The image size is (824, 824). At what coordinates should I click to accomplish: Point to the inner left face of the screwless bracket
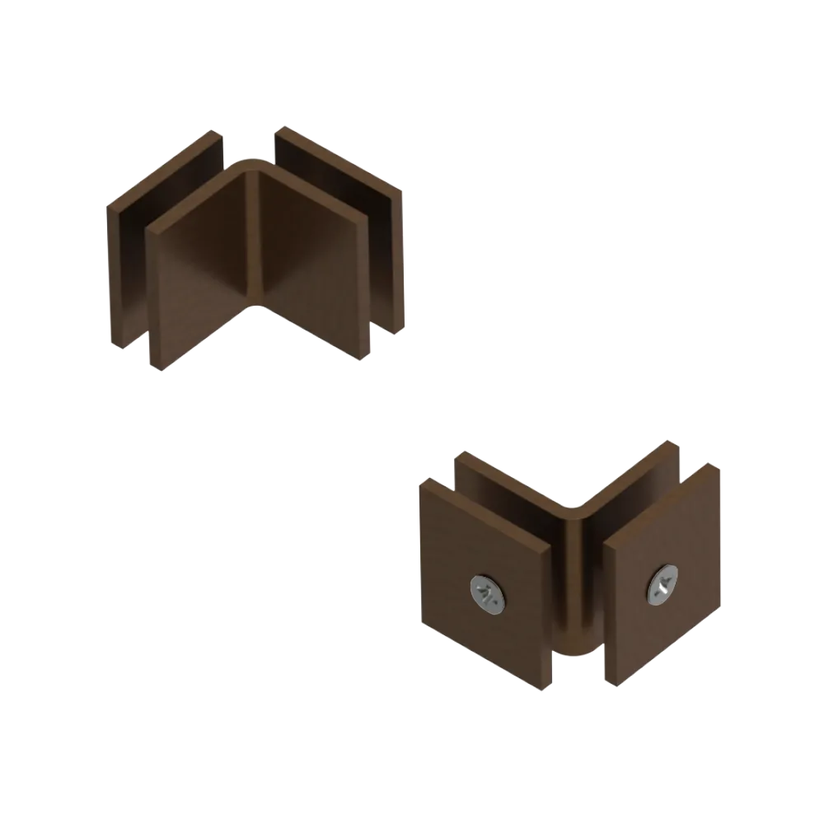(206, 264)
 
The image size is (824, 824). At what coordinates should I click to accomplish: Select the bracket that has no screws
(255, 247)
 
